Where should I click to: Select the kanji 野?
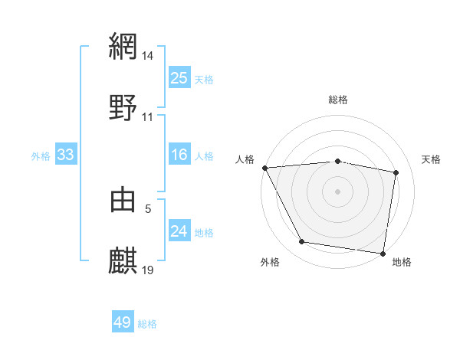click(123, 107)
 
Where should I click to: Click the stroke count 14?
click(148, 55)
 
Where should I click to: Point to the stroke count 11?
click(148, 117)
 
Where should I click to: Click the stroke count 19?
click(148, 270)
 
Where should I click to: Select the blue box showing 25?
click(179, 77)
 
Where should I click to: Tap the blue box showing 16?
click(179, 155)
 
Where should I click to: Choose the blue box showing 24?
click(179, 231)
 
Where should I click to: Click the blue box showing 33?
click(66, 155)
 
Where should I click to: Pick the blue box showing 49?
click(123, 322)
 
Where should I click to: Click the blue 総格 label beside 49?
click(147, 324)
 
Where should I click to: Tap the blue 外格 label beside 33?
click(41, 156)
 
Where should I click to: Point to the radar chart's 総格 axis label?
click(338, 100)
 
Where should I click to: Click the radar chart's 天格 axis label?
click(432, 159)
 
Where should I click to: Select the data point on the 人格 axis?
click(264, 168)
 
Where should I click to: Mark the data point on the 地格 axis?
click(383, 253)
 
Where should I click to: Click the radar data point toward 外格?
click(302, 242)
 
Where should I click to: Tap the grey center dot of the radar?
click(338, 191)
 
